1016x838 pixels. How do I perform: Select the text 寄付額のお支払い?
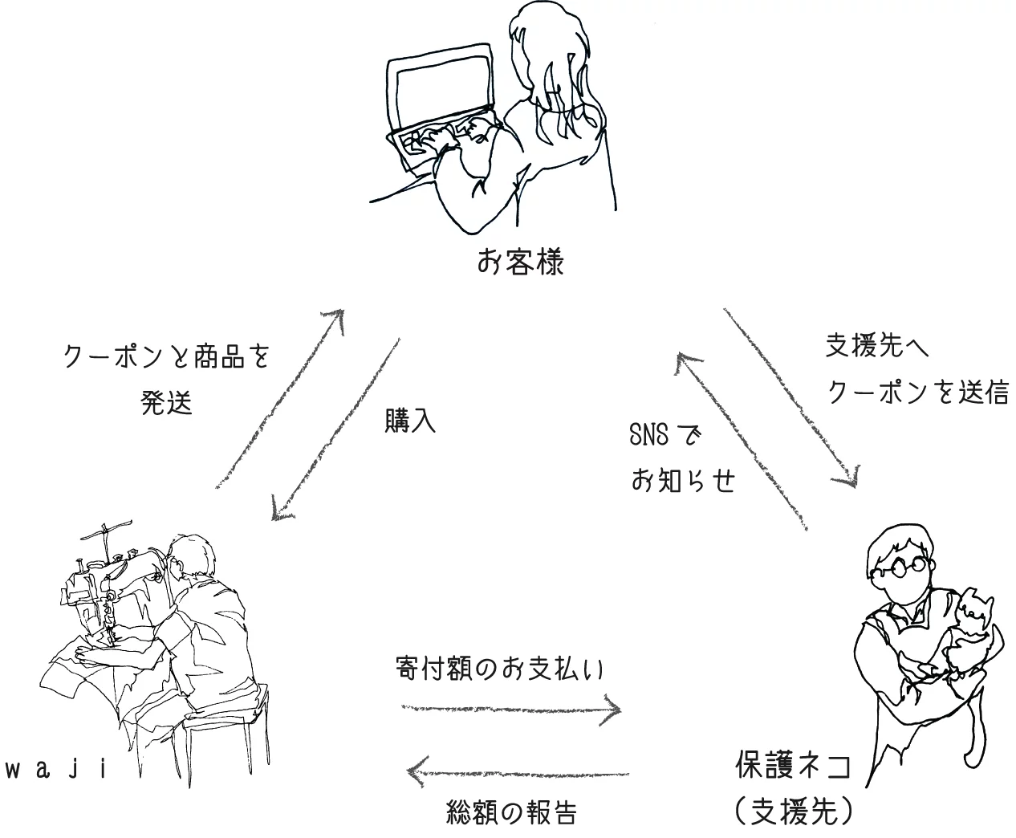[499, 669]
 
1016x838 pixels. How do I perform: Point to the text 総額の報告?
[511, 813]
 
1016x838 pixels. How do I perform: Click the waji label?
[56, 771]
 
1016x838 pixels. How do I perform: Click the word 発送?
[167, 402]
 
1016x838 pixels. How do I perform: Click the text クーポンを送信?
[917, 392]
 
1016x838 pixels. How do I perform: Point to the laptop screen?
[444, 87]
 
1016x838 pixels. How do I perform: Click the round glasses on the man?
[906, 569]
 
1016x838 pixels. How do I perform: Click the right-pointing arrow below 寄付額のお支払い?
[512, 710]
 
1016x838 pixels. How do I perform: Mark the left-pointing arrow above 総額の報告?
[518, 772]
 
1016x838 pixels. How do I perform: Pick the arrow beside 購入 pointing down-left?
[335, 429]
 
